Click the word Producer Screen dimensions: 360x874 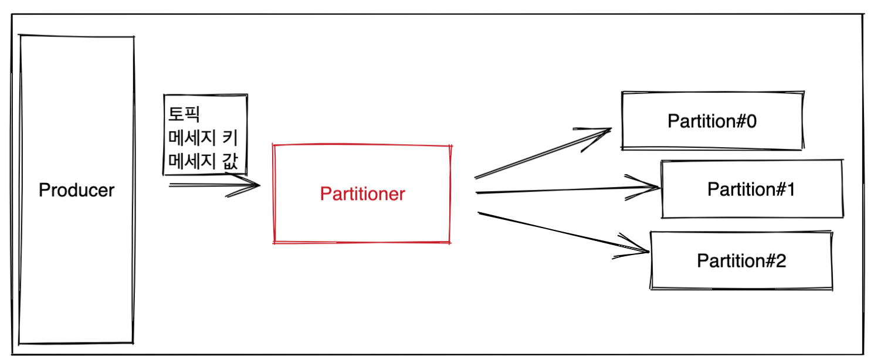[76, 191]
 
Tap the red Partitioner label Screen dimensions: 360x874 [362, 194]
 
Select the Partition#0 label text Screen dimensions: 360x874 [712, 121]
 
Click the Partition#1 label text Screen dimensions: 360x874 [751, 189]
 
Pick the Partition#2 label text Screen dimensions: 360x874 [741, 260]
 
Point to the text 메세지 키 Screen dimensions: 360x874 [202, 138]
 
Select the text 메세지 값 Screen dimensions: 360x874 [202, 162]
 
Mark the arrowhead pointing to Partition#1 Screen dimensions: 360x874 [654, 188]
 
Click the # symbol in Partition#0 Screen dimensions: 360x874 [737, 121]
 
